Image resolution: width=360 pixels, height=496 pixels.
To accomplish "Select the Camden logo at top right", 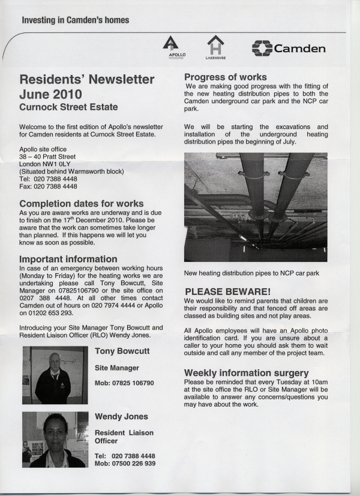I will tap(289, 48).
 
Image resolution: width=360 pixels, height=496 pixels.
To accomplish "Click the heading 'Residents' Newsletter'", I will tap(86, 80).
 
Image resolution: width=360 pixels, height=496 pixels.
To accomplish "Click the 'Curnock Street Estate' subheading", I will tap(68, 107).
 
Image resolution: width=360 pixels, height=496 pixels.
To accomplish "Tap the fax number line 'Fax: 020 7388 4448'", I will tap(48, 186).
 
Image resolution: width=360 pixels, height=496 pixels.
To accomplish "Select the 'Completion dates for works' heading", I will tap(81, 204).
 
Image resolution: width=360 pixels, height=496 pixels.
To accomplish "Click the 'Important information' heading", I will tap(68, 259).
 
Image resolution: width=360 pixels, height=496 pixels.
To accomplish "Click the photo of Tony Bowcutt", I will tap(55, 375).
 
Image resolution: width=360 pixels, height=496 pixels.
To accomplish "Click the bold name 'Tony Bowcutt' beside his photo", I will tap(122, 351).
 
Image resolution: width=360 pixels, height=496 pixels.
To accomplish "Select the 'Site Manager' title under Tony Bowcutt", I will tap(117, 367).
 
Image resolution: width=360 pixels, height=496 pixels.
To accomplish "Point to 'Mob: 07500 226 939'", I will tap(125, 464).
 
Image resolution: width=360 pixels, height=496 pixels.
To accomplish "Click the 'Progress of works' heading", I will tap(225, 77).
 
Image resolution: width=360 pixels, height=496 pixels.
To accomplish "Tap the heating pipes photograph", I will tap(255, 207).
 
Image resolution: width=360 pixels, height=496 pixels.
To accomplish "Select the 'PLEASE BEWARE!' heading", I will tap(227, 292).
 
